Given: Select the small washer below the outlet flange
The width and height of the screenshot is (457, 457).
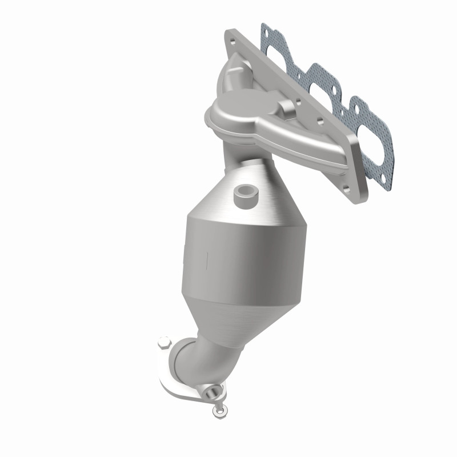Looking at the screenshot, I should coord(218,410).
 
